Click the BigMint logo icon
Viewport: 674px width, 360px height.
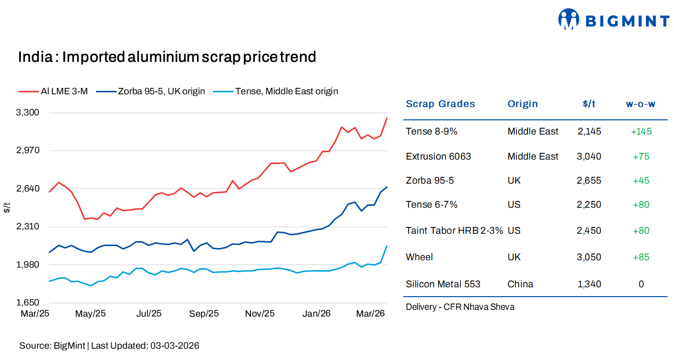pyautogui.click(x=569, y=19)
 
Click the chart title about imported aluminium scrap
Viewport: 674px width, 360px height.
pyautogui.click(x=167, y=57)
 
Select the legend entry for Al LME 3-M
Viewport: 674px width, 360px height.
pyautogui.click(x=54, y=91)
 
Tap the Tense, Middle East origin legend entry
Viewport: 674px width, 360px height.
pyautogui.click(x=278, y=91)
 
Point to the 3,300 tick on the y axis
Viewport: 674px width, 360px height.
pyautogui.click(x=28, y=112)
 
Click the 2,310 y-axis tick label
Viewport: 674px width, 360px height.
pyautogui.click(x=28, y=226)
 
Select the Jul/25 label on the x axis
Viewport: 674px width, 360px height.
pyautogui.click(x=149, y=314)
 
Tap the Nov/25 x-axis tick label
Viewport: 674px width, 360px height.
pyautogui.click(x=260, y=314)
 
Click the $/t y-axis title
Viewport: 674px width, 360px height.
pyautogui.click(x=7, y=207)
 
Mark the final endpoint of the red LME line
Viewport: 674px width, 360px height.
pyautogui.click(x=387, y=118)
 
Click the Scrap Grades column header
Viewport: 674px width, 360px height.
pyautogui.click(x=440, y=104)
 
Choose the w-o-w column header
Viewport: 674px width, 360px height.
pyautogui.click(x=641, y=104)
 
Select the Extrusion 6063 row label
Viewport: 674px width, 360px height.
pyautogui.click(x=438, y=156)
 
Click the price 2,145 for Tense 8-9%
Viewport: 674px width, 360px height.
pyautogui.click(x=589, y=131)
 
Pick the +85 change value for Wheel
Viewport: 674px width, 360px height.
pyautogui.click(x=641, y=257)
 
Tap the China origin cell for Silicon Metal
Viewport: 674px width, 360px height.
pyautogui.click(x=520, y=284)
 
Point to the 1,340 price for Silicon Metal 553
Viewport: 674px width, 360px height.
pyautogui.click(x=589, y=284)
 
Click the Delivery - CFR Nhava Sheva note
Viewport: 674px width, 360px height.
pyautogui.click(x=460, y=307)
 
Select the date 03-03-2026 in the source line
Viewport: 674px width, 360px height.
pyautogui.click(x=175, y=346)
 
